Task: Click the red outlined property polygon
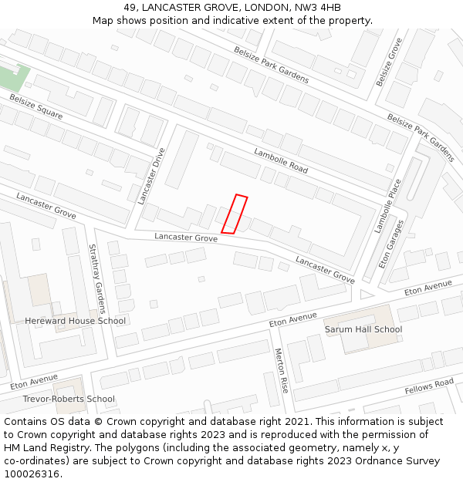coord(235,214)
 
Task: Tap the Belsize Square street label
coord(36,106)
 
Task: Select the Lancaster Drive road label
coord(152,176)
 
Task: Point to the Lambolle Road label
coord(281,160)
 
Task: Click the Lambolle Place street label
coord(388,206)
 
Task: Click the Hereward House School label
coord(75,321)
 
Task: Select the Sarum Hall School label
coord(363,329)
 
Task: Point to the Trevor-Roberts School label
coord(69,399)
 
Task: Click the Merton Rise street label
coord(282,370)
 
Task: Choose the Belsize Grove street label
coord(389,62)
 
